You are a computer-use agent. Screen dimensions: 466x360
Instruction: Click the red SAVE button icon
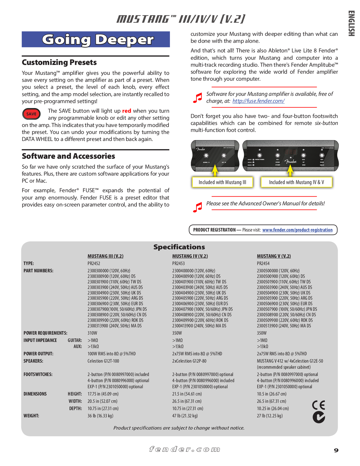coord(31,114)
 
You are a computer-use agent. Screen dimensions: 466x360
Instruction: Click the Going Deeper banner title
coord(97,40)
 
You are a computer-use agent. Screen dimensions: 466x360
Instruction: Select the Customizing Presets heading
coord(59,62)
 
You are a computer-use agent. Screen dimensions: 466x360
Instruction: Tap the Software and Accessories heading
coord(68,156)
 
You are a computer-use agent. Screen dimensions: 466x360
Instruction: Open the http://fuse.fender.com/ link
coord(258,101)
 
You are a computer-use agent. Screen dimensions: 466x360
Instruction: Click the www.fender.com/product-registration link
coord(297,230)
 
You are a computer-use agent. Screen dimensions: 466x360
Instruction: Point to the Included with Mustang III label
coord(222,182)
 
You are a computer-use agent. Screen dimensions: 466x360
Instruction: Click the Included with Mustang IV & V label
coord(296,182)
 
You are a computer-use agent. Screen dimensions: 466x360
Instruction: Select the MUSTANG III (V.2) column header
coord(105,256)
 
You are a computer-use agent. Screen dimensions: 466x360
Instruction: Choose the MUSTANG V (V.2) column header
coord(274,256)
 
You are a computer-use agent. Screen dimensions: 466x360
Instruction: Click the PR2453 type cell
coord(178,263)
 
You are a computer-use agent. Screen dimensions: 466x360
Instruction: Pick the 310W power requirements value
coord(92,333)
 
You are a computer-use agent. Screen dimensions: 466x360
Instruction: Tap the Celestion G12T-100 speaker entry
coord(103,361)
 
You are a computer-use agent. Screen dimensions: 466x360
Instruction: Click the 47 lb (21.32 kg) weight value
coord(185,416)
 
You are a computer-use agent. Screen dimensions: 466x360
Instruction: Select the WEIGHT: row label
coord(31,416)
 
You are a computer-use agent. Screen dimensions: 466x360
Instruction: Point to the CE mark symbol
coord(318,405)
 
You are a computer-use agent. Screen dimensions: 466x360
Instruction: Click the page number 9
coord(336,450)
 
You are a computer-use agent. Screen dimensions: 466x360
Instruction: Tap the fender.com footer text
coord(185,449)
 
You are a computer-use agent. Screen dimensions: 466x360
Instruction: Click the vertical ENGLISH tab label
coord(351,23)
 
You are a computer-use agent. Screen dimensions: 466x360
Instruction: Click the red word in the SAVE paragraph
coord(127,111)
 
